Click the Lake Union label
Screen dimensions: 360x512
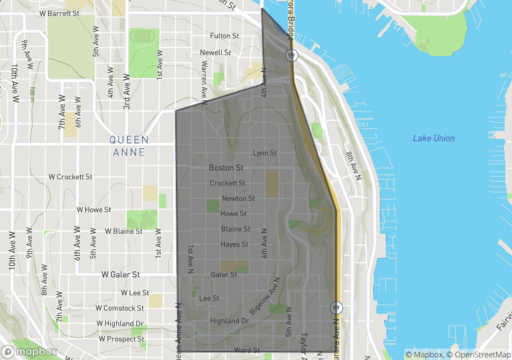[x=433, y=138]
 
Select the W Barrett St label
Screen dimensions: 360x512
[x=59, y=13]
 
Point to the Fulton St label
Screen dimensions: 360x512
[x=224, y=35]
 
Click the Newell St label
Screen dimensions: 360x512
[x=215, y=52]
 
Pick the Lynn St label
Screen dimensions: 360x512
[x=264, y=153]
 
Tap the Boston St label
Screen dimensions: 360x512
[x=226, y=168]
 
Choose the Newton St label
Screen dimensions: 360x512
[x=238, y=198]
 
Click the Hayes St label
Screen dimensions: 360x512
[x=234, y=244]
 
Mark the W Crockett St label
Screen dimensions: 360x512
[x=71, y=177]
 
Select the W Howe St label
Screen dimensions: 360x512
[x=93, y=209]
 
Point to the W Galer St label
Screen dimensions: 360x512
[x=120, y=274]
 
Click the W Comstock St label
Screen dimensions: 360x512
[x=119, y=308]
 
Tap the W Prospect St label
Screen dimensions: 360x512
[x=121, y=339]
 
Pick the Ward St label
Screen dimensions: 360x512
[x=246, y=350]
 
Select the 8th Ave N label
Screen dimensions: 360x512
[x=352, y=166]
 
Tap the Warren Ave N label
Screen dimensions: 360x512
[x=206, y=81]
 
